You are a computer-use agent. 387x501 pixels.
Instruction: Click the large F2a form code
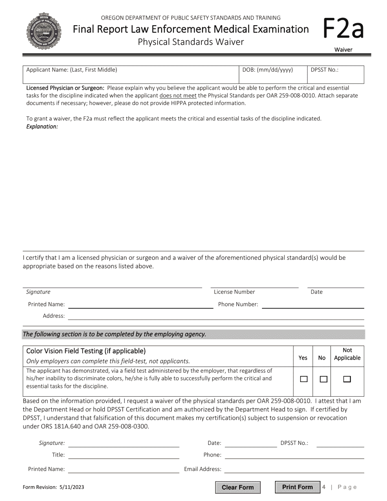point(343,29)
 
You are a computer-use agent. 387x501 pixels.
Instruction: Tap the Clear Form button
point(237,487)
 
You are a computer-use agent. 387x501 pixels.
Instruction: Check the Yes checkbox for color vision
point(303,379)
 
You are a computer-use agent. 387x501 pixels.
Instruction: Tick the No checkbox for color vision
point(323,379)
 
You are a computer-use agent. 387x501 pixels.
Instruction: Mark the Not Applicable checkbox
point(347,379)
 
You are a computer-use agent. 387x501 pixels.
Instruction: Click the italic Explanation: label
point(42,127)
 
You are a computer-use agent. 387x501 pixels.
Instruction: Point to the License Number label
point(235,292)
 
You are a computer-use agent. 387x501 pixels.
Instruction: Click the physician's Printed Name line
point(141,305)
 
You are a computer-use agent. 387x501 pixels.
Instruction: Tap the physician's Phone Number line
point(312,305)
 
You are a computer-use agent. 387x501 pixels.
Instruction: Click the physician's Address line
point(216,316)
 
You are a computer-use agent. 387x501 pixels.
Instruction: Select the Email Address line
point(294,469)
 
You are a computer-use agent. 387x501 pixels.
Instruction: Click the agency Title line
point(124,455)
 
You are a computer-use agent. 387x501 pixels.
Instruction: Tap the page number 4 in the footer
point(324,487)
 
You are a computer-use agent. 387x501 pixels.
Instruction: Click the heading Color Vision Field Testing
point(86,351)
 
